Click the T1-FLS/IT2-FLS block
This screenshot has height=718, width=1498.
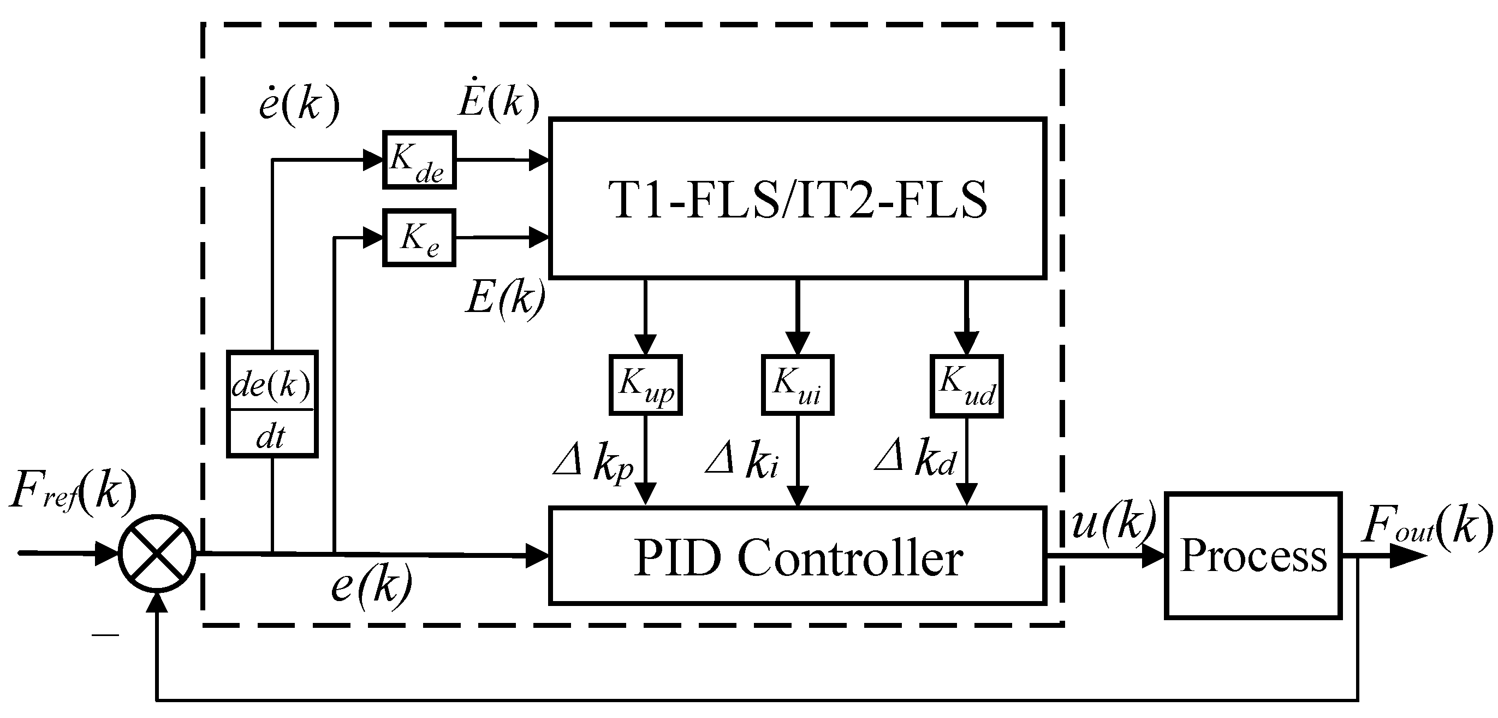tap(796, 198)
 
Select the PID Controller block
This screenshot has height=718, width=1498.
tap(796, 556)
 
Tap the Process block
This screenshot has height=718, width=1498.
tap(1253, 555)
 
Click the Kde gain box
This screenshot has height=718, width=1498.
tap(419, 160)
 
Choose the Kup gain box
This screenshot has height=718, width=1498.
tap(645, 385)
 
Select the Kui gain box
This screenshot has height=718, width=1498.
tap(797, 385)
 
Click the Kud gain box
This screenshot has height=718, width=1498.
tap(966, 386)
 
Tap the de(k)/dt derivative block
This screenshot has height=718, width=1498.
tap(271, 404)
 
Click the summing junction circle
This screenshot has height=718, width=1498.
tap(157, 553)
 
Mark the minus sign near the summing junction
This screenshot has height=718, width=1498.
tap(105, 635)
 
